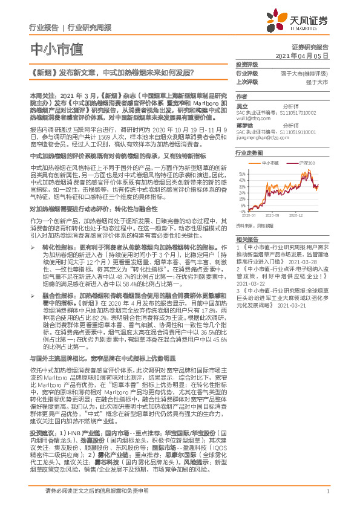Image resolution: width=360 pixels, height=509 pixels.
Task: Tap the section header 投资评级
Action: click(x=247, y=64)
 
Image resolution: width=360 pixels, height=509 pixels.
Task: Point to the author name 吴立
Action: click(x=241, y=107)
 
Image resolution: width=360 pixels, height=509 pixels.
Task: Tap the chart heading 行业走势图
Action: click(x=249, y=154)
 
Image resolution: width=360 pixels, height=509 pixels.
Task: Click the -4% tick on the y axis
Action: click(x=243, y=209)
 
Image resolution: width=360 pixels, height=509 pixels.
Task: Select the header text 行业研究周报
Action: click(x=90, y=28)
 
